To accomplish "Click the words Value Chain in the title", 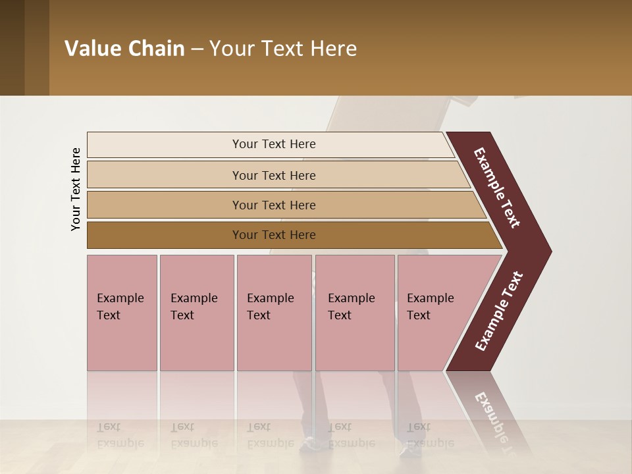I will pos(124,49).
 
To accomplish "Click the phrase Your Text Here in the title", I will pos(283,49).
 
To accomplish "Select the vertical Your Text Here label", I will pos(76,190).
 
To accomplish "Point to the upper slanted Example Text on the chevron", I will pos(497,188).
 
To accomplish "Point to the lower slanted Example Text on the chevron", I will pos(499,311).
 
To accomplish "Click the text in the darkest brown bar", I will pos(274,235).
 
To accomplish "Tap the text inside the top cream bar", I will pos(274,144).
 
